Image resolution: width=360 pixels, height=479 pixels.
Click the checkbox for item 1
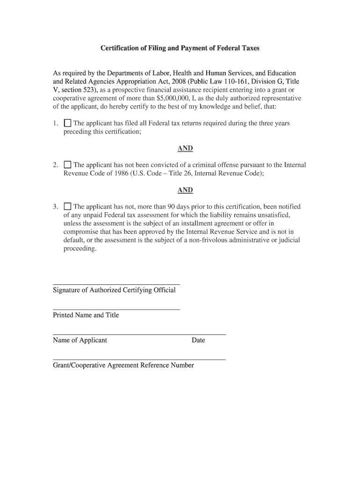click(67, 123)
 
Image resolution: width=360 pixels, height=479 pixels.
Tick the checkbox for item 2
click(67, 165)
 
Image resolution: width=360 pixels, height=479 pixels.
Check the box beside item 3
click(67, 207)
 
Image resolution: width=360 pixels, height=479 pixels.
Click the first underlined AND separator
click(185, 148)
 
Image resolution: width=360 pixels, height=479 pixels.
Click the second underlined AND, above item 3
click(185, 190)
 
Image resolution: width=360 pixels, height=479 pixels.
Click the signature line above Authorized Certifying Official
click(116, 284)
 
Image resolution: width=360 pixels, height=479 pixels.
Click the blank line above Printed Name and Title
click(116, 309)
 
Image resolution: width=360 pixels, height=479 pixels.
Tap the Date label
click(198, 340)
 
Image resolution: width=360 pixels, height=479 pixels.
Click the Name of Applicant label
click(80, 340)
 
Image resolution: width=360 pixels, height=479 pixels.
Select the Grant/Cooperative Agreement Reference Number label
click(123, 365)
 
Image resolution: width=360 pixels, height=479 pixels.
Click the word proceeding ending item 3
click(79, 249)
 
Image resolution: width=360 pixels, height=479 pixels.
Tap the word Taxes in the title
click(250, 48)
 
